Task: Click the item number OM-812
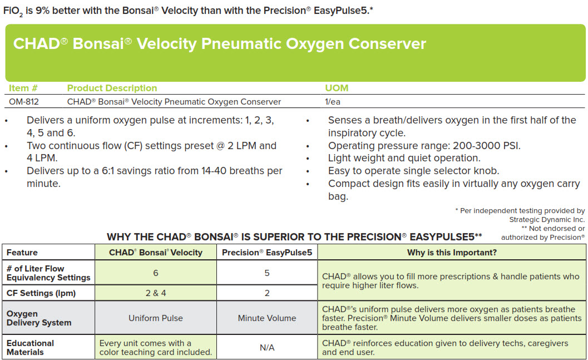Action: (24, 102)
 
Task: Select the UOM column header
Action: (337, 88)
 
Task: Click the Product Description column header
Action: (112, 88)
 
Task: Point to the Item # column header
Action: (23, 88)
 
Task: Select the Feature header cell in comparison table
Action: (22, 252)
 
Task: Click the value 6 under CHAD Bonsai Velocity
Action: (156, 273)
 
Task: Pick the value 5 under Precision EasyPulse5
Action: (267, 273)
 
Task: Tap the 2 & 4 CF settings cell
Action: (156, 293)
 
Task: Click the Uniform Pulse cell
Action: (156, 318)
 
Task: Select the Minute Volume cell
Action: (267, 318)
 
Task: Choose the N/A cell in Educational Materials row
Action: (267, 348)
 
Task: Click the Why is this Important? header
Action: (452, 252)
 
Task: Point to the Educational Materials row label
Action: (30, 347)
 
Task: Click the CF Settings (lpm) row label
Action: (41, 293)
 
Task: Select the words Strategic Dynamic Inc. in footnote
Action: (547, 219)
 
